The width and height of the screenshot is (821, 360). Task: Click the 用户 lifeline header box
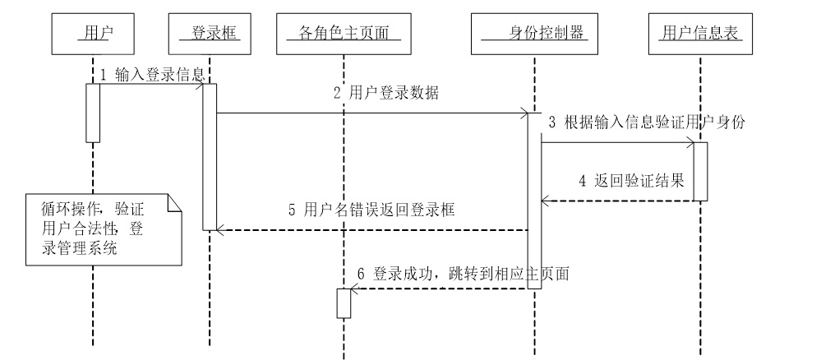(93, 34)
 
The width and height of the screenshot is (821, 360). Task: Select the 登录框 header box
(210, 34)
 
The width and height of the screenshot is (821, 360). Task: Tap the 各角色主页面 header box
(344, 34)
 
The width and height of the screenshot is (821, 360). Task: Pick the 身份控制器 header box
(534, 34)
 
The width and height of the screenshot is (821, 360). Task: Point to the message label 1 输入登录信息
(152, 75)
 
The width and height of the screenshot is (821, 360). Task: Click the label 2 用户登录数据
(386, 94)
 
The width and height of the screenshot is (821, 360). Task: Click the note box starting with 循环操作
(95, 228)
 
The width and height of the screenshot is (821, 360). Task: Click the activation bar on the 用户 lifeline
(93, 113)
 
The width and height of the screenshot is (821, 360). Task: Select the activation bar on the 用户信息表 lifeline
(699, 171)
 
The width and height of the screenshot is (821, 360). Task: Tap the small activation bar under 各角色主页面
(344, 303)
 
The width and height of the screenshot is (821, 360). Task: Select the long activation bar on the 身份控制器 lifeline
(533, 214)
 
